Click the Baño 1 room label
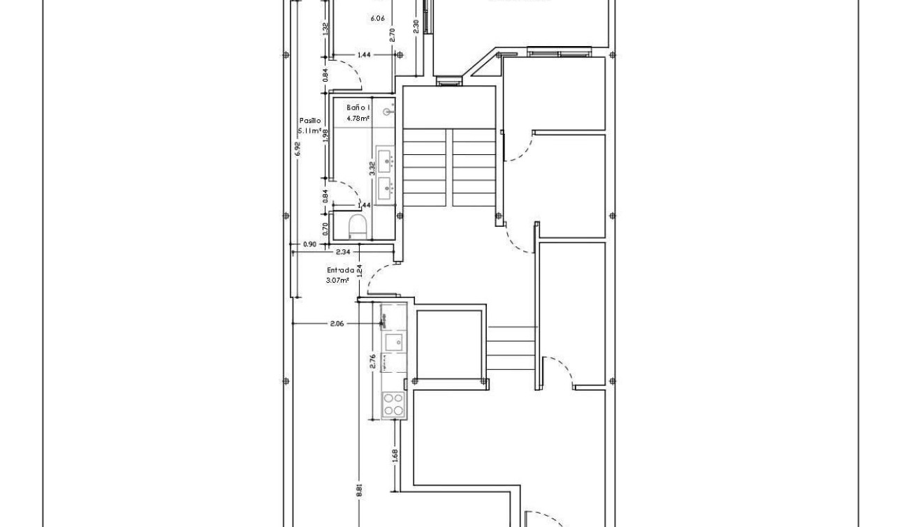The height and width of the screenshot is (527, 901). point(357,108)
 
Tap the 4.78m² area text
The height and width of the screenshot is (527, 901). point(357,119)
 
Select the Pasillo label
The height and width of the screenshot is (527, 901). point(310,121)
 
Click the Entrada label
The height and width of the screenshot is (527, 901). point(340,270)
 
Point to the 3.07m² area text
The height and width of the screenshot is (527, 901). point(337,281)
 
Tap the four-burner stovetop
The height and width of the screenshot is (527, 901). point(393,406)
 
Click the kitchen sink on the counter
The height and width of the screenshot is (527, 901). point(393,342)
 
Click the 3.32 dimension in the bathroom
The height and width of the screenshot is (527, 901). point(372,168)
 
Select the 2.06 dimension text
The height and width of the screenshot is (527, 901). point(337,324)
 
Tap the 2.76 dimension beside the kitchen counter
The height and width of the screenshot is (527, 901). point(373,361)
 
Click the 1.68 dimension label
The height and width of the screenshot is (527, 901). point(395,456)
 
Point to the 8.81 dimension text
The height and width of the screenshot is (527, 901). point(359,491)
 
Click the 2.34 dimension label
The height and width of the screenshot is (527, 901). point(343,251)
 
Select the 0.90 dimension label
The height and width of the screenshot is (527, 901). point(309,244)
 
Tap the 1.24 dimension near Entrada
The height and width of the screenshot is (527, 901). point(359,271)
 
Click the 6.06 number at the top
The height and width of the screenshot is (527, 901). point(377,18)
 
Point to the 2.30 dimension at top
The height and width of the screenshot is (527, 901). point(416,26)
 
